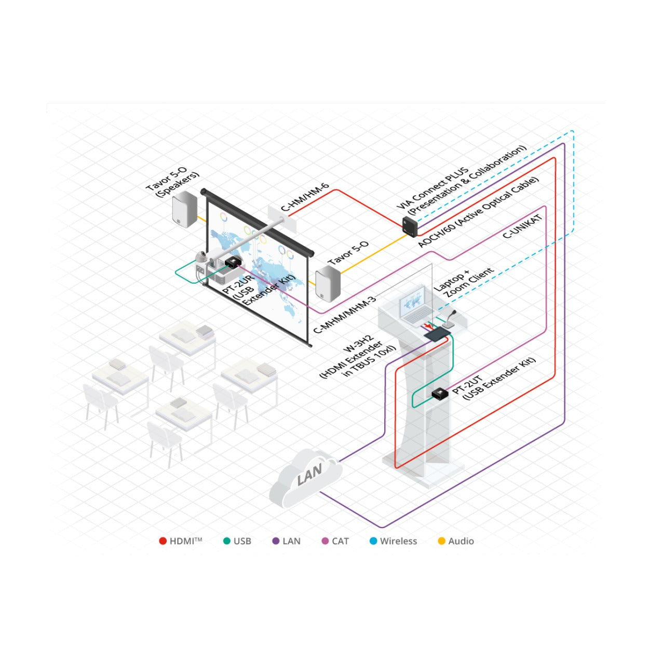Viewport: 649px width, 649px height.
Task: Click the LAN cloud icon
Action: pyautogui.click(x=305, y=477)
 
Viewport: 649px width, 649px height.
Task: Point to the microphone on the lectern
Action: pyautogui.click(x=449, y=320)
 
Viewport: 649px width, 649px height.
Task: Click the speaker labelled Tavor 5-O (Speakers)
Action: pyautogui.click(x=184, y=209)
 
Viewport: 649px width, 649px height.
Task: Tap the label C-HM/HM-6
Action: pyautogui.click(x=305, y=197)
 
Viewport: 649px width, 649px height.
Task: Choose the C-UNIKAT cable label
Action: pyautogui.click(x=523, y=227)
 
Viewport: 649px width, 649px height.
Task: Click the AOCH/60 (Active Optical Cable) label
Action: pyautogui.click(x=479, y=212)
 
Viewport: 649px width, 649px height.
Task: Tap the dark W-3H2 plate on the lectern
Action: pyautogui.click(x=437, y=334)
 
